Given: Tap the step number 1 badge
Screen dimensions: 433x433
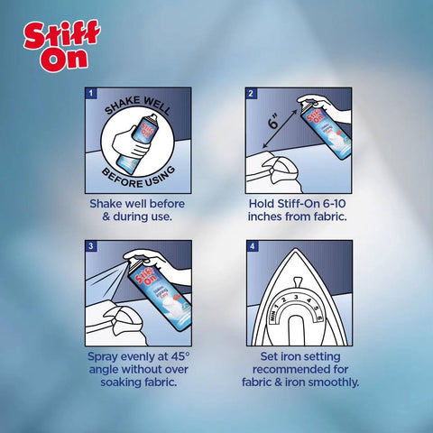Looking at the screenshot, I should [x=90, y=94].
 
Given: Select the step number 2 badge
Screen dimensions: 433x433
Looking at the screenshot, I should [x=252, y=94].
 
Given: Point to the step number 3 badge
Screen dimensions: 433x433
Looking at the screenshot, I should [x=90, y=246].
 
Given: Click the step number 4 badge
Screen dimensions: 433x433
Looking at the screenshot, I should [x=252, y=246].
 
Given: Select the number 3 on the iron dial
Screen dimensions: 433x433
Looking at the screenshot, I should [x=299, y=294].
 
